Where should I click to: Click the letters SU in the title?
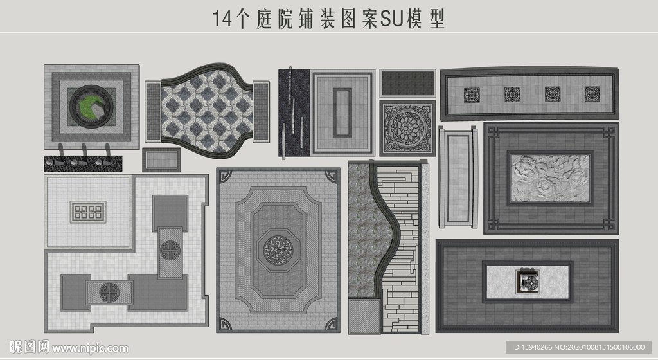coord(391,19)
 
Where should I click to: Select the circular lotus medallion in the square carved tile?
coord(407,128)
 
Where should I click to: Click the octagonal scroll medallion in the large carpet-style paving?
coord(278,250)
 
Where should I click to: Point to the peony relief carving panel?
coord(550,178)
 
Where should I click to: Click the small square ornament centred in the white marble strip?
coord(528,281)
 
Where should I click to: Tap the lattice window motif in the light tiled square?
coord(87,212)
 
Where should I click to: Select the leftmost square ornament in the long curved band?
coord(472,94)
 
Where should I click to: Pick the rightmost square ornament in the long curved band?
coord(592,94)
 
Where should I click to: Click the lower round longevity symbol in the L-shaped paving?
coord(110,292)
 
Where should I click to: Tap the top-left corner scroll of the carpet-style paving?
coord(224,176)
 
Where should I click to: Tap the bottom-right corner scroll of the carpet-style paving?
coord(332,324)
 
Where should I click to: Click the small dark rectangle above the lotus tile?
coord(407,83)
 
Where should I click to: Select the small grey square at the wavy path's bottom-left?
coord(364,316)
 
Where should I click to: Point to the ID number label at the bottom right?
coord(578,347)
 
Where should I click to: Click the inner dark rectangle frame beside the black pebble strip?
coord(342,113)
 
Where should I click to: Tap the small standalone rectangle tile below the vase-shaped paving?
coord(161,159)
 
